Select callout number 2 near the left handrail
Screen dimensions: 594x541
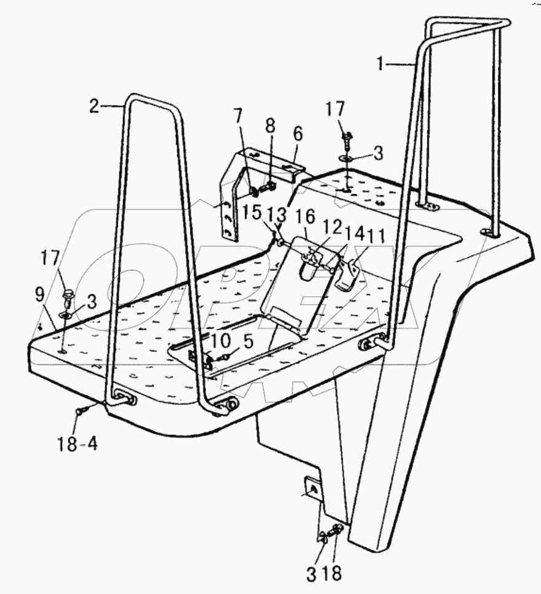coord(93,106)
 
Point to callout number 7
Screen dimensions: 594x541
coord(238,115)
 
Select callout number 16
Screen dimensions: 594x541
coord(306,217)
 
